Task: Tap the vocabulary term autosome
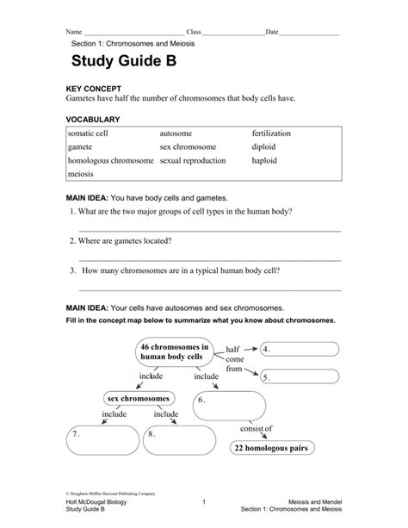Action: point(176,134)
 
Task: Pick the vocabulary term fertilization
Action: point(271,134)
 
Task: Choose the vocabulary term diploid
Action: point(265,147)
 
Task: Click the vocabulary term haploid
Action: point(265,160)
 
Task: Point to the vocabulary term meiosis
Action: point(82,174)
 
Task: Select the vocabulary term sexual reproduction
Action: point(193,160)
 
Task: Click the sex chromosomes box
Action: point(139,398)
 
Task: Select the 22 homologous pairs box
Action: point(270,447)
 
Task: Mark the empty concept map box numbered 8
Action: point(177,439)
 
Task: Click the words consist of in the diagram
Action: point(256,428)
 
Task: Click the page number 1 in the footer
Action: point(203,501)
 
